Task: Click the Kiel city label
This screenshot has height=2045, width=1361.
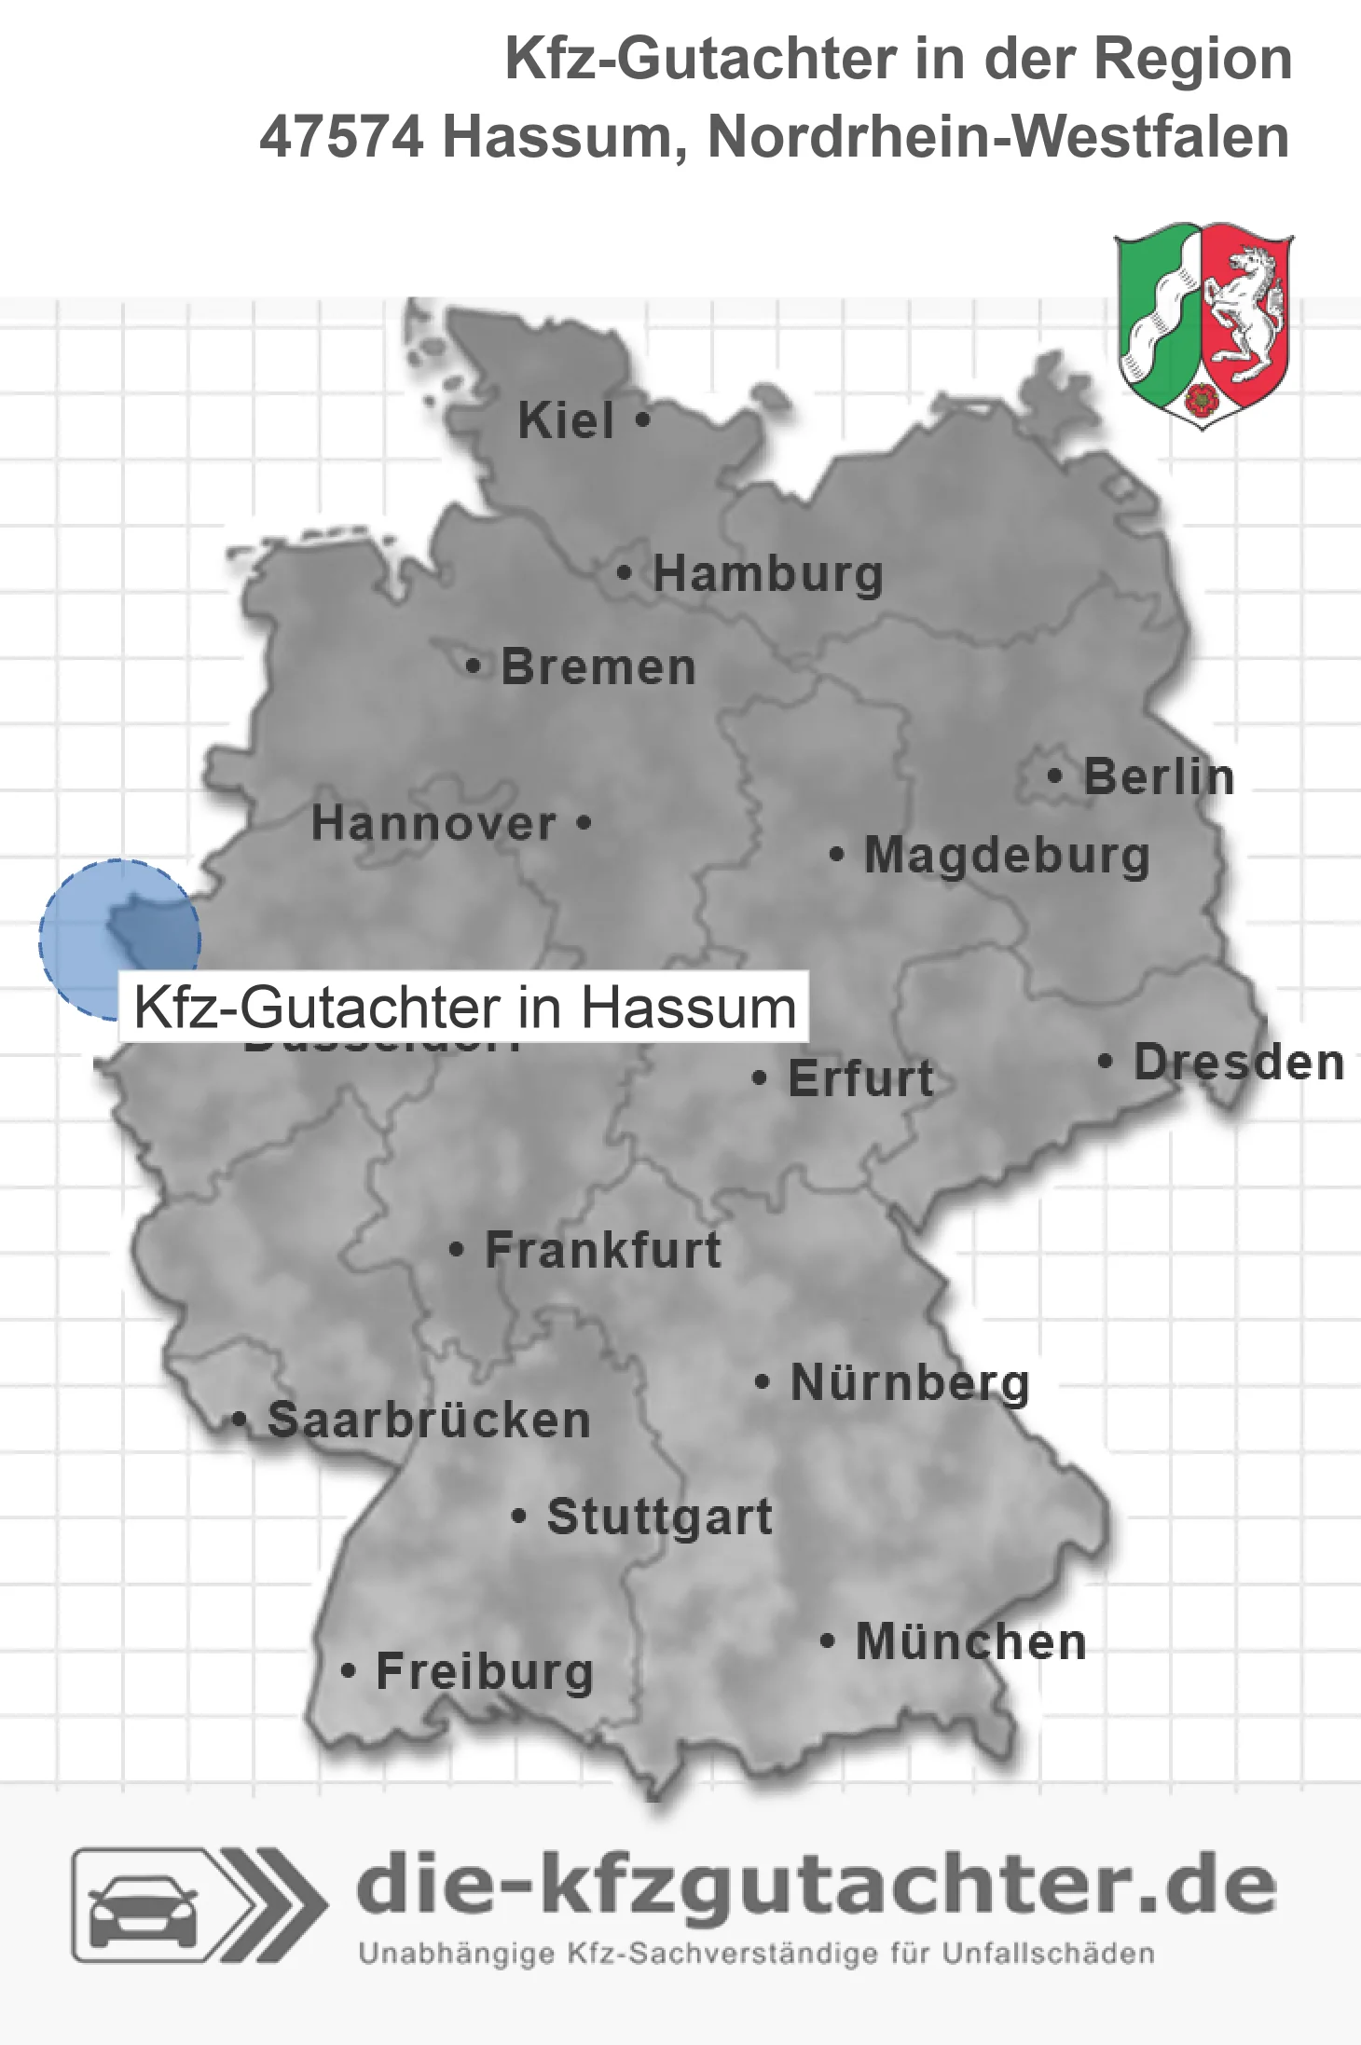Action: (x=566, y=420)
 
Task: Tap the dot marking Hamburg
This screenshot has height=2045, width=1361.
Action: (x=624, y=573)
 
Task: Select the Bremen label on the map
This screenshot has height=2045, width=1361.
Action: (x=598, y=667)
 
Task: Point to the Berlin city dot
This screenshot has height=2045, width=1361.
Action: (x=1054, y=775)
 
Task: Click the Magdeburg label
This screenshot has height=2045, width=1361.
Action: (x=1007, y=856)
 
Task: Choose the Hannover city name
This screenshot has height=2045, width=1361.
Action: (x=433, y=823)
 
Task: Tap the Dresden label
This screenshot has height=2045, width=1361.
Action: (x=1239, y=1062)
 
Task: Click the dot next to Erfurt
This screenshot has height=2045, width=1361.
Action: (x=759, y=1078)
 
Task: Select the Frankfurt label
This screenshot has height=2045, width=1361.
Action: (x=603, y=1250)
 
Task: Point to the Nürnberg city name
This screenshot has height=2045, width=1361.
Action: (x=910, y=1382)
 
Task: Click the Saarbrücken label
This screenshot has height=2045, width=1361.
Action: (x=429, y=1421)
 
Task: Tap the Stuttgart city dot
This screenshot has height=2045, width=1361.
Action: (x=519, y=1517)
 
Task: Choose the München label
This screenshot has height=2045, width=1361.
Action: (x=971, y=1641)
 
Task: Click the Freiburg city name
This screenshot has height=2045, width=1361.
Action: (x=485, y=1671)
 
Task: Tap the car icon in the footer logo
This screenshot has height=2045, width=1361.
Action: (x=143, y=1907)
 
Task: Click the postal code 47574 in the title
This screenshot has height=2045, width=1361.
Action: (x=341, y=137)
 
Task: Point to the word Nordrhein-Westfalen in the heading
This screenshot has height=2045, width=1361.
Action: (x=998, y=137)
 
